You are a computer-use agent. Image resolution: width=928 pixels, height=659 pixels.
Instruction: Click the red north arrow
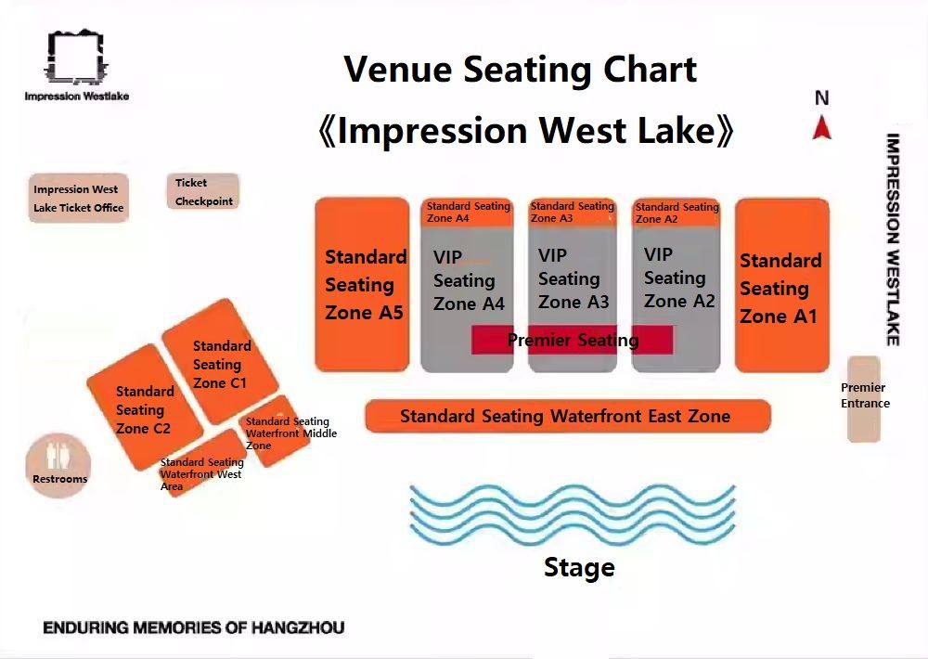821,127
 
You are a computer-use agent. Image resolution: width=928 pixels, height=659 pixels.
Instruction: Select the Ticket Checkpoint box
203,191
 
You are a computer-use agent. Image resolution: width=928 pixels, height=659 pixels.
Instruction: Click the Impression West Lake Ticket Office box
79,198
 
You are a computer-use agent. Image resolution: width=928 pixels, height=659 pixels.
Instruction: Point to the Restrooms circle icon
58,465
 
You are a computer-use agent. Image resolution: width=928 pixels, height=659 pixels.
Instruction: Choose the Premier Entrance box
863,399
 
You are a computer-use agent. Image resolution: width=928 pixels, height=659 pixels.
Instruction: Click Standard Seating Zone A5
362,285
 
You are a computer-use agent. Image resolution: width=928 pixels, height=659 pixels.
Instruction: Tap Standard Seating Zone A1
781,285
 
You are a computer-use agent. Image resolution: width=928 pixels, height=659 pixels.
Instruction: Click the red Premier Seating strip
573,340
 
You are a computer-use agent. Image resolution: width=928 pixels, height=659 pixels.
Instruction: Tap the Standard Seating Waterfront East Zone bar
568,416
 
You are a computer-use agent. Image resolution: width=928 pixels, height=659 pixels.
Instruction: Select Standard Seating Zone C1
220,362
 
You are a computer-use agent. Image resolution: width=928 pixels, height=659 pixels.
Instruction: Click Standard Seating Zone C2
146,407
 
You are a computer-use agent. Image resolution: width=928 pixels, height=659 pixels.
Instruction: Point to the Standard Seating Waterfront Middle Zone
275,431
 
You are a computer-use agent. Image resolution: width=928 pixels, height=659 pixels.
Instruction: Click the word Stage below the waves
579,567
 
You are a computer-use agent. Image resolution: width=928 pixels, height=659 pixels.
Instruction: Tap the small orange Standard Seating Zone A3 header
573,213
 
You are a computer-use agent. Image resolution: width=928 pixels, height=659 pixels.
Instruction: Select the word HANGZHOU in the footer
298,627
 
